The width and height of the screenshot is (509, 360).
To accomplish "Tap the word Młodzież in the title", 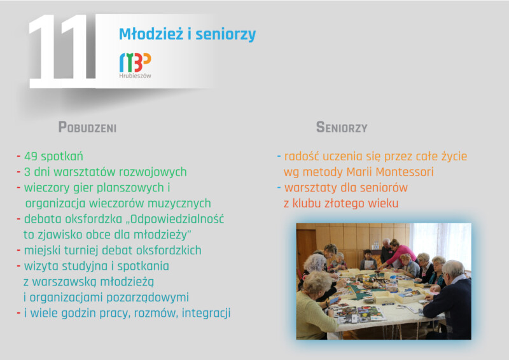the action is tap(151, 34).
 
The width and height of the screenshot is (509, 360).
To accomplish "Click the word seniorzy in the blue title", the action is tap(226, 35).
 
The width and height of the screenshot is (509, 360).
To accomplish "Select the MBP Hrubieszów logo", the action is tap(135, 66).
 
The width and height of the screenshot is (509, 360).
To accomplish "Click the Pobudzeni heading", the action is tap(87, 127).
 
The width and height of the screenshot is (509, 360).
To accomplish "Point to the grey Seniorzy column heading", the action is tap(342, 127).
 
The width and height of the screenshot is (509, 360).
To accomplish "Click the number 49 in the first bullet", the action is tap(31, 156).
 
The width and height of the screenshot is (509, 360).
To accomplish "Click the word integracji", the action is tap(206, 314).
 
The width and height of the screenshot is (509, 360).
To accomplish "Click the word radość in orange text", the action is tap(303, 156).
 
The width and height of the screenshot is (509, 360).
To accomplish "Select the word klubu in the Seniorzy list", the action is tap(307, 204).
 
